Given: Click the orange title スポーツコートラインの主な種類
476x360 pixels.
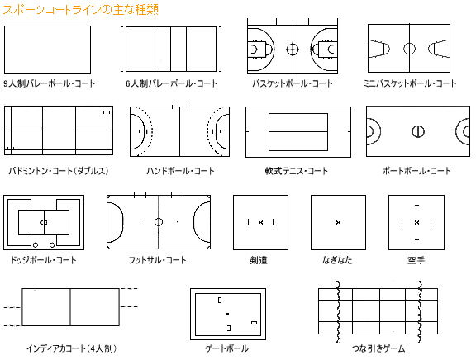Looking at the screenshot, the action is [81, 10].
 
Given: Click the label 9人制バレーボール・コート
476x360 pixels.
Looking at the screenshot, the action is [50, 83].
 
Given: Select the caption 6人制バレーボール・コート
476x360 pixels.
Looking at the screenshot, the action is [172, 83].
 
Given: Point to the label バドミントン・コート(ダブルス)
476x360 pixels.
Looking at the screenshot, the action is [59, 171].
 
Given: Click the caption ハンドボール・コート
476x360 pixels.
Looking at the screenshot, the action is [180, 171].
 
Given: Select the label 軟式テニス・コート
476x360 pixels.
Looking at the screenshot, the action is [297, 171].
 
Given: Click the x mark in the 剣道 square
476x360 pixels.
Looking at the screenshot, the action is [260, 222].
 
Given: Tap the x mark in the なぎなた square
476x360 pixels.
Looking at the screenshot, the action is [339, 222].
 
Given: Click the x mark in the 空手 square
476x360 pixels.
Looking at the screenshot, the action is [416, 222].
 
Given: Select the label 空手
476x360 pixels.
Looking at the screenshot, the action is [416, 260].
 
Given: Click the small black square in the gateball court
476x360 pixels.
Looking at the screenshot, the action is [228, 315].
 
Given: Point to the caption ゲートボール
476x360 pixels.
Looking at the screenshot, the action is [227, 348].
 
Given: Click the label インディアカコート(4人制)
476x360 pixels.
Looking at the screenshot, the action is [71, 348].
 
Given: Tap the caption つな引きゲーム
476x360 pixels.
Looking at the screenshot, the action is [378, 348].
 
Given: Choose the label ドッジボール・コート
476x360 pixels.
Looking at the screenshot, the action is [44, 260].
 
